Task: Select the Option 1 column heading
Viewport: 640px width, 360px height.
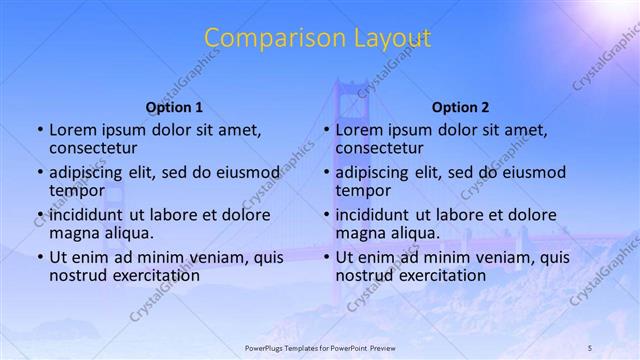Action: click(174, 107)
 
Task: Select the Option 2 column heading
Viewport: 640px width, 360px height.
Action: click(460, 107)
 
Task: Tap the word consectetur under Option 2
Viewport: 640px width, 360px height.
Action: click(379, 148)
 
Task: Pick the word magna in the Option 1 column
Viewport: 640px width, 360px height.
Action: click(73, 233)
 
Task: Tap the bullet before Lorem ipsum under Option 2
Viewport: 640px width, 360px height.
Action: click(327, 130)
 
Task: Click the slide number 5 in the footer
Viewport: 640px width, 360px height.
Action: click(590, 347)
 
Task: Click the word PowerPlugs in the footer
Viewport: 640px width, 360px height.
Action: click(264, 347)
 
